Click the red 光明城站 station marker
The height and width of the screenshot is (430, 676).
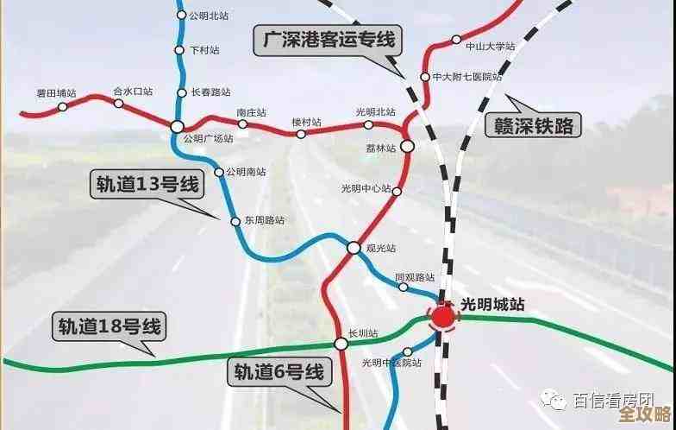coord(443,317)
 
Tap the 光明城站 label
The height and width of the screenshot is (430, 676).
coord(493,304)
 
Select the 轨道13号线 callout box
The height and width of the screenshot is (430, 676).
coord(144,183)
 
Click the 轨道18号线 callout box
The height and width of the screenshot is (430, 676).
coord(110,327)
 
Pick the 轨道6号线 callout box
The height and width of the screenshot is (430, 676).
coord(280,372)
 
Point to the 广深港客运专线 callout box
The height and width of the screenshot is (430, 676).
coord(327,40)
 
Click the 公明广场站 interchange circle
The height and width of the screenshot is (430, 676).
coord(177,127)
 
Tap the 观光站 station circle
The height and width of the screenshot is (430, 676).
coord(354,248)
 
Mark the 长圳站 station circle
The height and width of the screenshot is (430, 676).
coord(341,344)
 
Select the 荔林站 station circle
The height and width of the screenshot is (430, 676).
coord(407,148)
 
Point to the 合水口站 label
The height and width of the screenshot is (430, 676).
coord(133,91)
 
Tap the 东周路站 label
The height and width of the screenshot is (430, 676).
coord(264,221)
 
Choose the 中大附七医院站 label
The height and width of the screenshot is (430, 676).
coord(467,77)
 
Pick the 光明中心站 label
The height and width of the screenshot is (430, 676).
coord(366,189)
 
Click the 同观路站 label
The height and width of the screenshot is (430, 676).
coord(415,277)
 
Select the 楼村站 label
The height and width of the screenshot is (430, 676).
coord(306,123)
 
